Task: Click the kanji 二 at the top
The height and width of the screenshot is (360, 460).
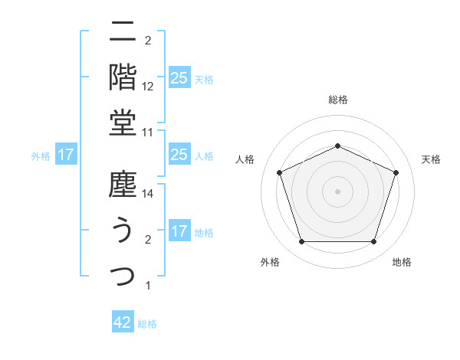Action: pyautogui.click(x=123, y=34)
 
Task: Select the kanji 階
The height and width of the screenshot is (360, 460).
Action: pyautogui.click(x=123, y=77)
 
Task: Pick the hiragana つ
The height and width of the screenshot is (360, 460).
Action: pyautogui.click(x=123, y=273)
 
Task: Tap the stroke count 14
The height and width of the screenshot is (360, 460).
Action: pyautogui.click(x=149, y=195)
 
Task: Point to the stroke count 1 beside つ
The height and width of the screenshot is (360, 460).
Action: pyautogui.click(x=147, y=286)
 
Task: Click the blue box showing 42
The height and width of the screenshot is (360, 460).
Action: pyautogui.click(x=123, y=322)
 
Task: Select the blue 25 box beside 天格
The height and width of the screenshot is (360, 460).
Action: pyautogui.click(x=179, y=78)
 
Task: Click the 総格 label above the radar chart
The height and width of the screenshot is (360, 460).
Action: pyautogui.click(x=338, y=100)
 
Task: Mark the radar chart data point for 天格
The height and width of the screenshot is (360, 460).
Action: pyautogui.click(x=396, y=172)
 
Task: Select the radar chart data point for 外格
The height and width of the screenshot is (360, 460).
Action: pyautogui.click(x=301, y=242)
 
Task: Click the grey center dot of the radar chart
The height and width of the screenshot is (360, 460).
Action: pyautogui.click(x=337, y=191)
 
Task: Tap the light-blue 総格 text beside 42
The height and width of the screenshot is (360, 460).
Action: pyautogui.click(x=147, y=324)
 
